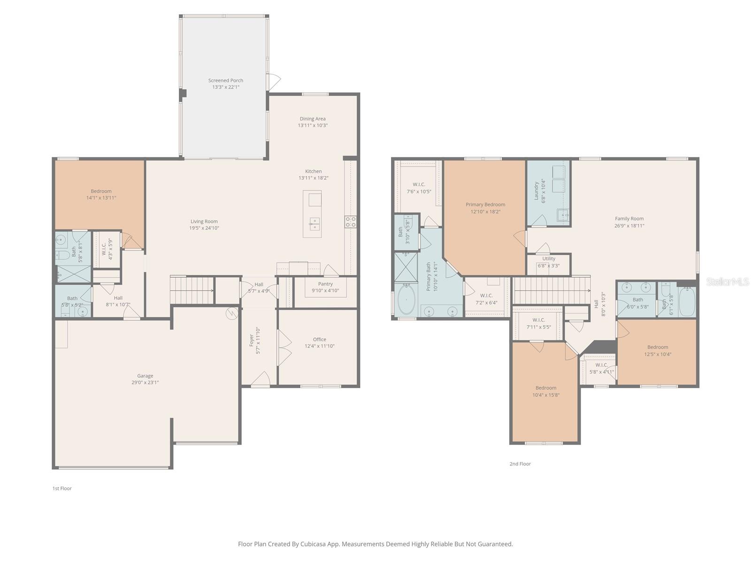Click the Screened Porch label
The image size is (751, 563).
[226, 80]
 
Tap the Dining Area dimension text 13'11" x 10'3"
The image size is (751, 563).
[313, 125]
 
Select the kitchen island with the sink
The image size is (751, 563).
[312, 213]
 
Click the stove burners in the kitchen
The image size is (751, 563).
[351, 222]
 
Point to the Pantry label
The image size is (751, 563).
[325, 284]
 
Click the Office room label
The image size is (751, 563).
[320, 339]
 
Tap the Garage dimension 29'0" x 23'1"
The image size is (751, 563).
[145, 382]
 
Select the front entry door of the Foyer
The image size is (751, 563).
[261, 380]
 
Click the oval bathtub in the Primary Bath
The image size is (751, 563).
[406, 299]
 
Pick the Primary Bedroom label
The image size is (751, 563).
[485, 205]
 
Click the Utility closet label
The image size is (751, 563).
[549, 259]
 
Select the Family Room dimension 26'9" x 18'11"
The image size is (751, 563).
[629, 225]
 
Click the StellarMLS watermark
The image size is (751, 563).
[728, 281]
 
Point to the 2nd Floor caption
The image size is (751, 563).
[520, 464]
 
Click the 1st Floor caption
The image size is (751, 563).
[62, 488]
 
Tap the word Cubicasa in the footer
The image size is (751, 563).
[311, 544]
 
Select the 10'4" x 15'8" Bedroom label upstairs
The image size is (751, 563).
[546, 388]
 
